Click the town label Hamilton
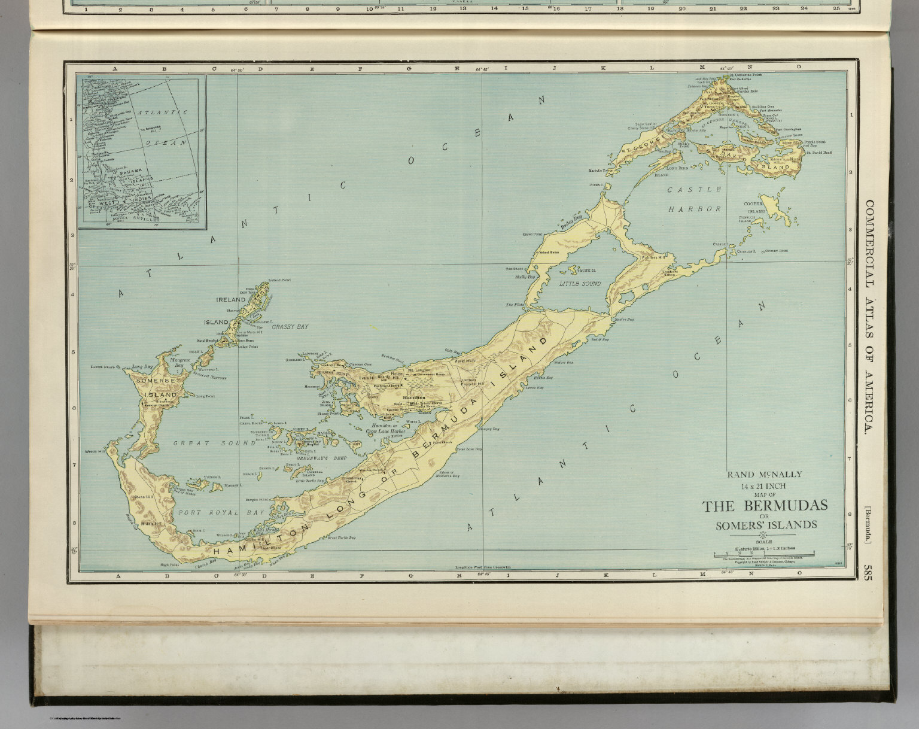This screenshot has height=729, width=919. pos(414,397)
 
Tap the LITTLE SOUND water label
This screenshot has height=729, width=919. pos(580,284)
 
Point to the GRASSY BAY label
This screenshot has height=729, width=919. pos(290,327)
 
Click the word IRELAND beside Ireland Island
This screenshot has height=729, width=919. pos(231,299)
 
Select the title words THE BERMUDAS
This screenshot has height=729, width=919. pos(765,506)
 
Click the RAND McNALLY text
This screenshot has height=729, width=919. pos(764,475)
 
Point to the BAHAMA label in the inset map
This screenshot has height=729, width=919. pos(130,172)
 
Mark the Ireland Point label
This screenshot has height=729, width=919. pos(279,280)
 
